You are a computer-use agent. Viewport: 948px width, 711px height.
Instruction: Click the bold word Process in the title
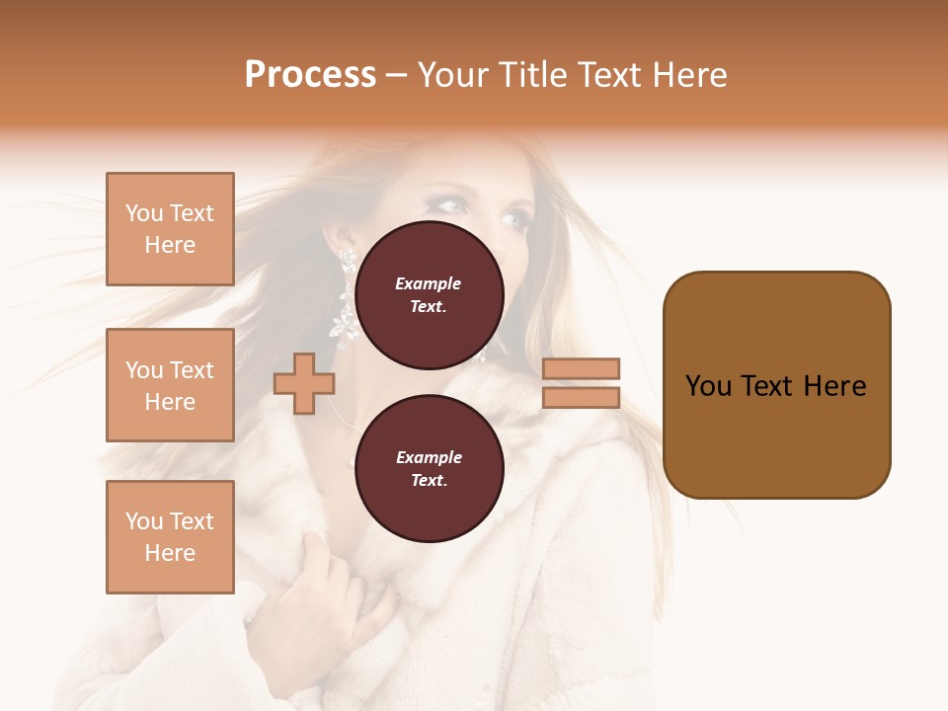click(x=310, y=75)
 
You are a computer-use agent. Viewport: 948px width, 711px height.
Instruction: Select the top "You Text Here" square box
click(x=170, y=229)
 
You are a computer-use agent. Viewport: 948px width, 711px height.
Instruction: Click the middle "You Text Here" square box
click(x=170, y=385)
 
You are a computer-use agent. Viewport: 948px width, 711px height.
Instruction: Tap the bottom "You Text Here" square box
click(x=170, y=537)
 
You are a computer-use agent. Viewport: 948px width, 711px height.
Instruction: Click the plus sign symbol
click(x=303, y=383)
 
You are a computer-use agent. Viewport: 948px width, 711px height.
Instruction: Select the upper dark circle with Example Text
click(x=429, y=295)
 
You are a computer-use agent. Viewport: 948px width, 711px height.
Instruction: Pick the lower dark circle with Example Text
click(x=429, y=469)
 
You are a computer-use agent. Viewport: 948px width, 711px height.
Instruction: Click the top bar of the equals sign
click(x=581, y=368)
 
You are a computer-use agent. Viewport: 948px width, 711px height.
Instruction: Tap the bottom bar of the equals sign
click(x=581, y=397)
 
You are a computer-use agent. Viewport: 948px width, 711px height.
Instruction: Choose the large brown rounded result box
click(x=776, y=385)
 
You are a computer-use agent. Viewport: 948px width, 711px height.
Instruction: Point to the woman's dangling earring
click(x=347, y=296)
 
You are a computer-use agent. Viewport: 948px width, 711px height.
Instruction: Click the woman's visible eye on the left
click(x=449, y=205)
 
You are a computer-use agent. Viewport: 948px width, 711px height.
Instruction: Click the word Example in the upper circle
click(x=429, y=283)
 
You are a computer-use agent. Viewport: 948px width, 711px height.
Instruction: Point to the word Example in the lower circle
click(x=429, y=457)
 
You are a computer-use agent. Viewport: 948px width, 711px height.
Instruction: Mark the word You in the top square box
click(x=143, y=213)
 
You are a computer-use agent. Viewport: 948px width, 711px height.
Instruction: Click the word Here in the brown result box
click(x=834, y=386)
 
